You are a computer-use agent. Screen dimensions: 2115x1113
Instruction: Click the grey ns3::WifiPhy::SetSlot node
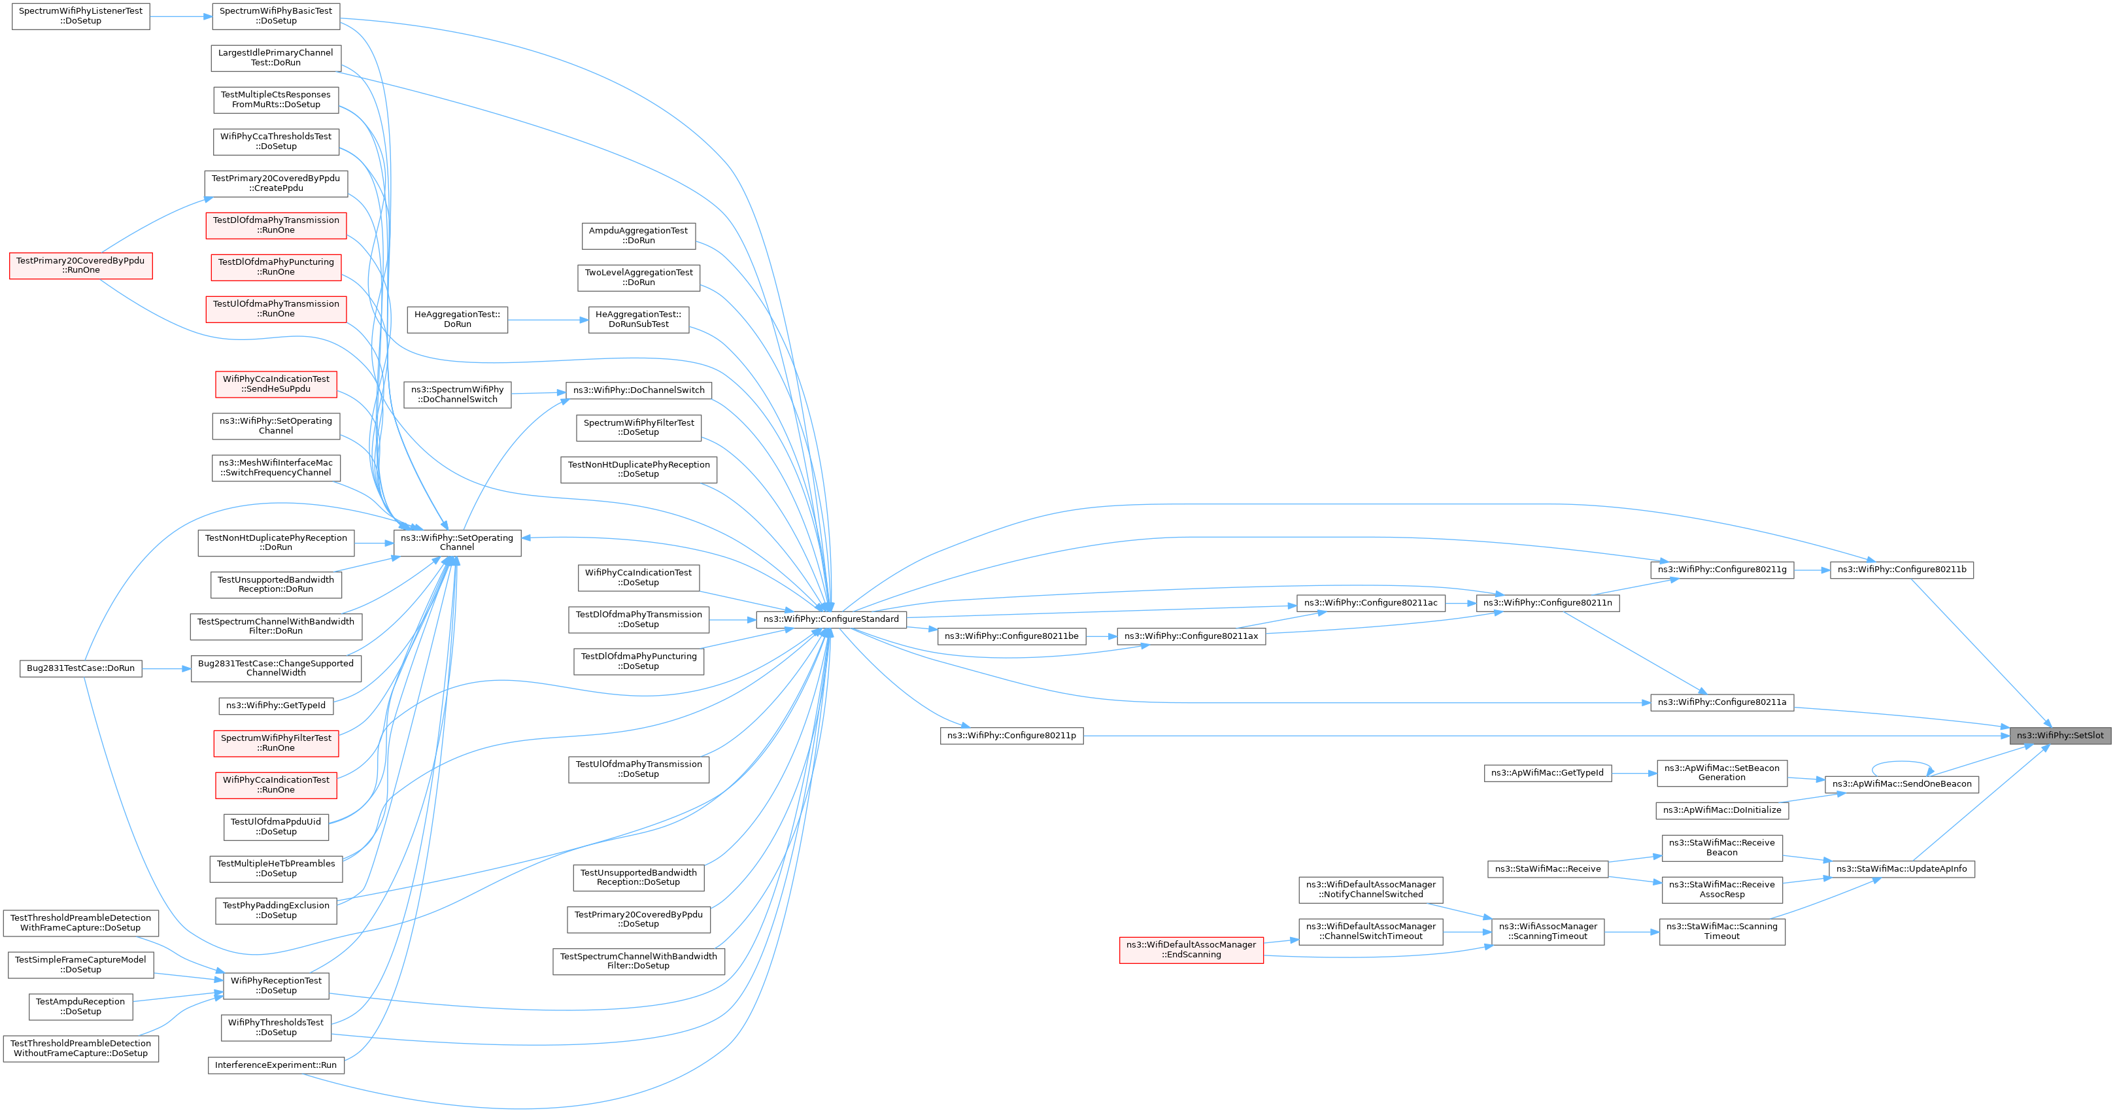pos(2060,735)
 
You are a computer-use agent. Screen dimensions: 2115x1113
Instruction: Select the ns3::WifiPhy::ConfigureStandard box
pos(831,619)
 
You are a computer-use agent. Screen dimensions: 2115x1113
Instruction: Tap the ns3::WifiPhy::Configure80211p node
pos(1011,736)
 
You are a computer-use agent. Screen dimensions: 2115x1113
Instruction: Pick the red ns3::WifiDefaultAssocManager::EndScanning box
pos(1191,950)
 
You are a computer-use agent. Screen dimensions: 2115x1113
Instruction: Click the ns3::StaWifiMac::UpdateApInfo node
pos(1901,869)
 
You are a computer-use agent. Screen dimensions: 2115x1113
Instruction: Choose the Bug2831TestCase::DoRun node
pos(80,668)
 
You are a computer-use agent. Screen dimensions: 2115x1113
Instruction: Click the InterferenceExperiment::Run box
pos(276,1065)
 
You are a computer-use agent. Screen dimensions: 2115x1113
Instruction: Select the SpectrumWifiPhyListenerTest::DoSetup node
pos(80,16)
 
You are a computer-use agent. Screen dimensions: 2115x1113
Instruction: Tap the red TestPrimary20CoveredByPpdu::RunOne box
pos(80,265)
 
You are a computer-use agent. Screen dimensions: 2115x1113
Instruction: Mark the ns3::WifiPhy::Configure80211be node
pos(1011,636)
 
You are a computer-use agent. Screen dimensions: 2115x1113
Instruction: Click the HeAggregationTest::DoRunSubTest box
pos(639,320)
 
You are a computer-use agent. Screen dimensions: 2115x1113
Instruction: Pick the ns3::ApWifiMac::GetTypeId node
pos(1548,773)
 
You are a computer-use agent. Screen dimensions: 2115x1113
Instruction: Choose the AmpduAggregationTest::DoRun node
pos(639,235)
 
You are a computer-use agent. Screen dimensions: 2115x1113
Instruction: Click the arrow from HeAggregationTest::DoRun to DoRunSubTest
pos(549,320)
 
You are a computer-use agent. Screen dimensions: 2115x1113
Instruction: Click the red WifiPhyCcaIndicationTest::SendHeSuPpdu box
pos(276,385)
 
